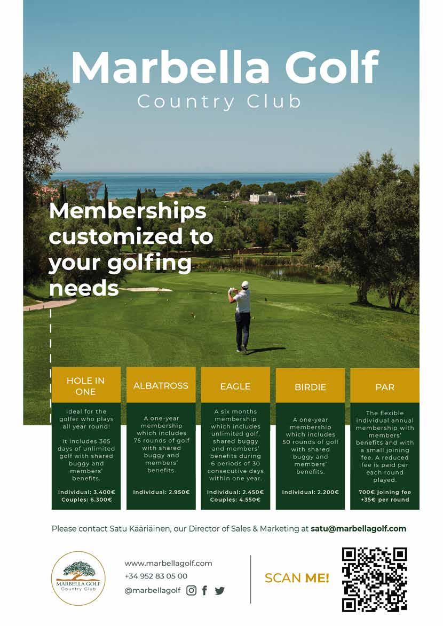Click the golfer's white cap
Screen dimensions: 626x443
tap(245, 284)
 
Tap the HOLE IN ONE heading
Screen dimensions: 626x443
tap(85, 386)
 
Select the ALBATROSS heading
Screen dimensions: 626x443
tap(161, 385)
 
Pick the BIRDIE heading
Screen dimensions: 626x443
tap(310, 387)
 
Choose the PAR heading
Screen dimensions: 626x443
tap(385, 387)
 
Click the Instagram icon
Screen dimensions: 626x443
tap(191, 590)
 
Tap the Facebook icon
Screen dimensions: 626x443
tap(204, 590)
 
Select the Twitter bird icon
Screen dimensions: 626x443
tap(219, 591)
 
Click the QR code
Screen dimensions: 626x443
tap(374, 579)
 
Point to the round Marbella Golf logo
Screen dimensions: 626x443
tap(78, 578)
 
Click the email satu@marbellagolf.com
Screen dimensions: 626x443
tap(358, 529)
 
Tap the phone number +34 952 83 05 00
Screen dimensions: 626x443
tap(156, 576)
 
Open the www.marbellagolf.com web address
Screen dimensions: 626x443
tap(168, 563)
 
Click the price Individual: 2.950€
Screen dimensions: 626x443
tap(161, 492)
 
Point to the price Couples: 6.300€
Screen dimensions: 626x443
tap(85, 500)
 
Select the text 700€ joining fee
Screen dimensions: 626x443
tap(384, 492)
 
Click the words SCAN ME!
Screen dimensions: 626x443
tap(297, 578)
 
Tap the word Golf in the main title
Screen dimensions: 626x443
tap(331, 68)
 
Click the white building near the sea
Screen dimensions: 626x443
tap(263, 197)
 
